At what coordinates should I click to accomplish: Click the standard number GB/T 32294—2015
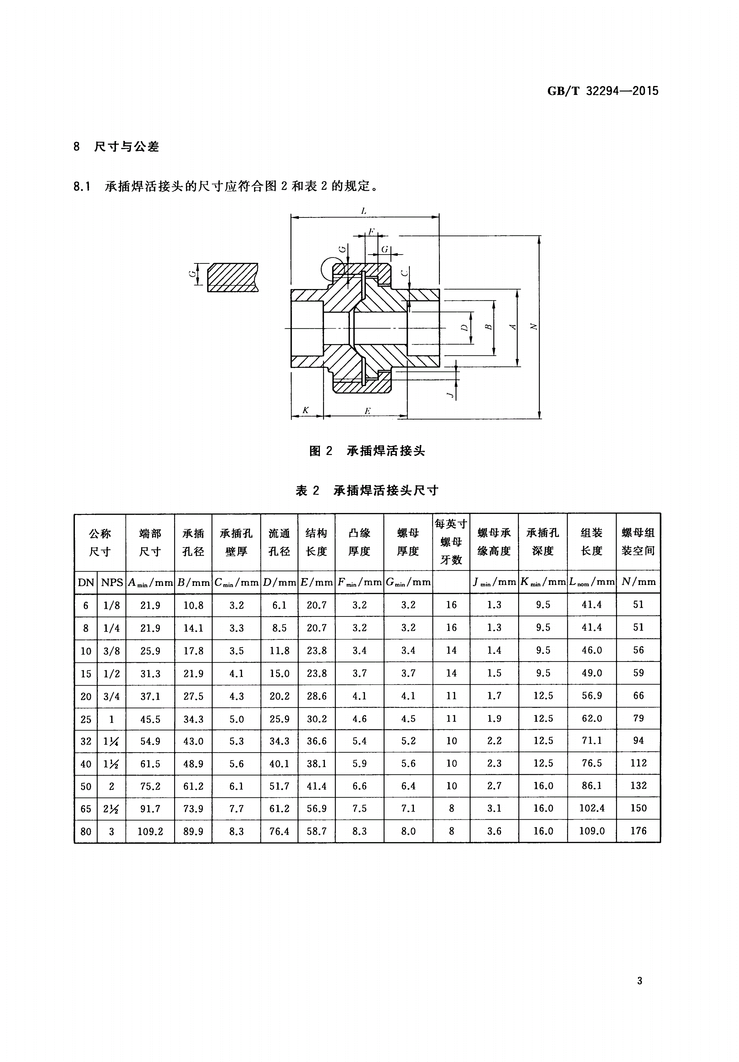click(x=602, y=91)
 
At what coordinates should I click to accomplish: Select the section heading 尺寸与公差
click(x=126, y=147)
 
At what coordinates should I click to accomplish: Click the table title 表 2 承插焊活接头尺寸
click(x=367, y=490)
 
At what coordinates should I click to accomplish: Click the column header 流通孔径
click(x=279, y=542)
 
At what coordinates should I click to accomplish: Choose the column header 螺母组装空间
click(x=638, y=542)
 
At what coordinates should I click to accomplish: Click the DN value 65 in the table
click(x=86, y=809)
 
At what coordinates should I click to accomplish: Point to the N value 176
click(x=638, y=831)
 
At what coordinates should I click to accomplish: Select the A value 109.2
click(x=150, y=831)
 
